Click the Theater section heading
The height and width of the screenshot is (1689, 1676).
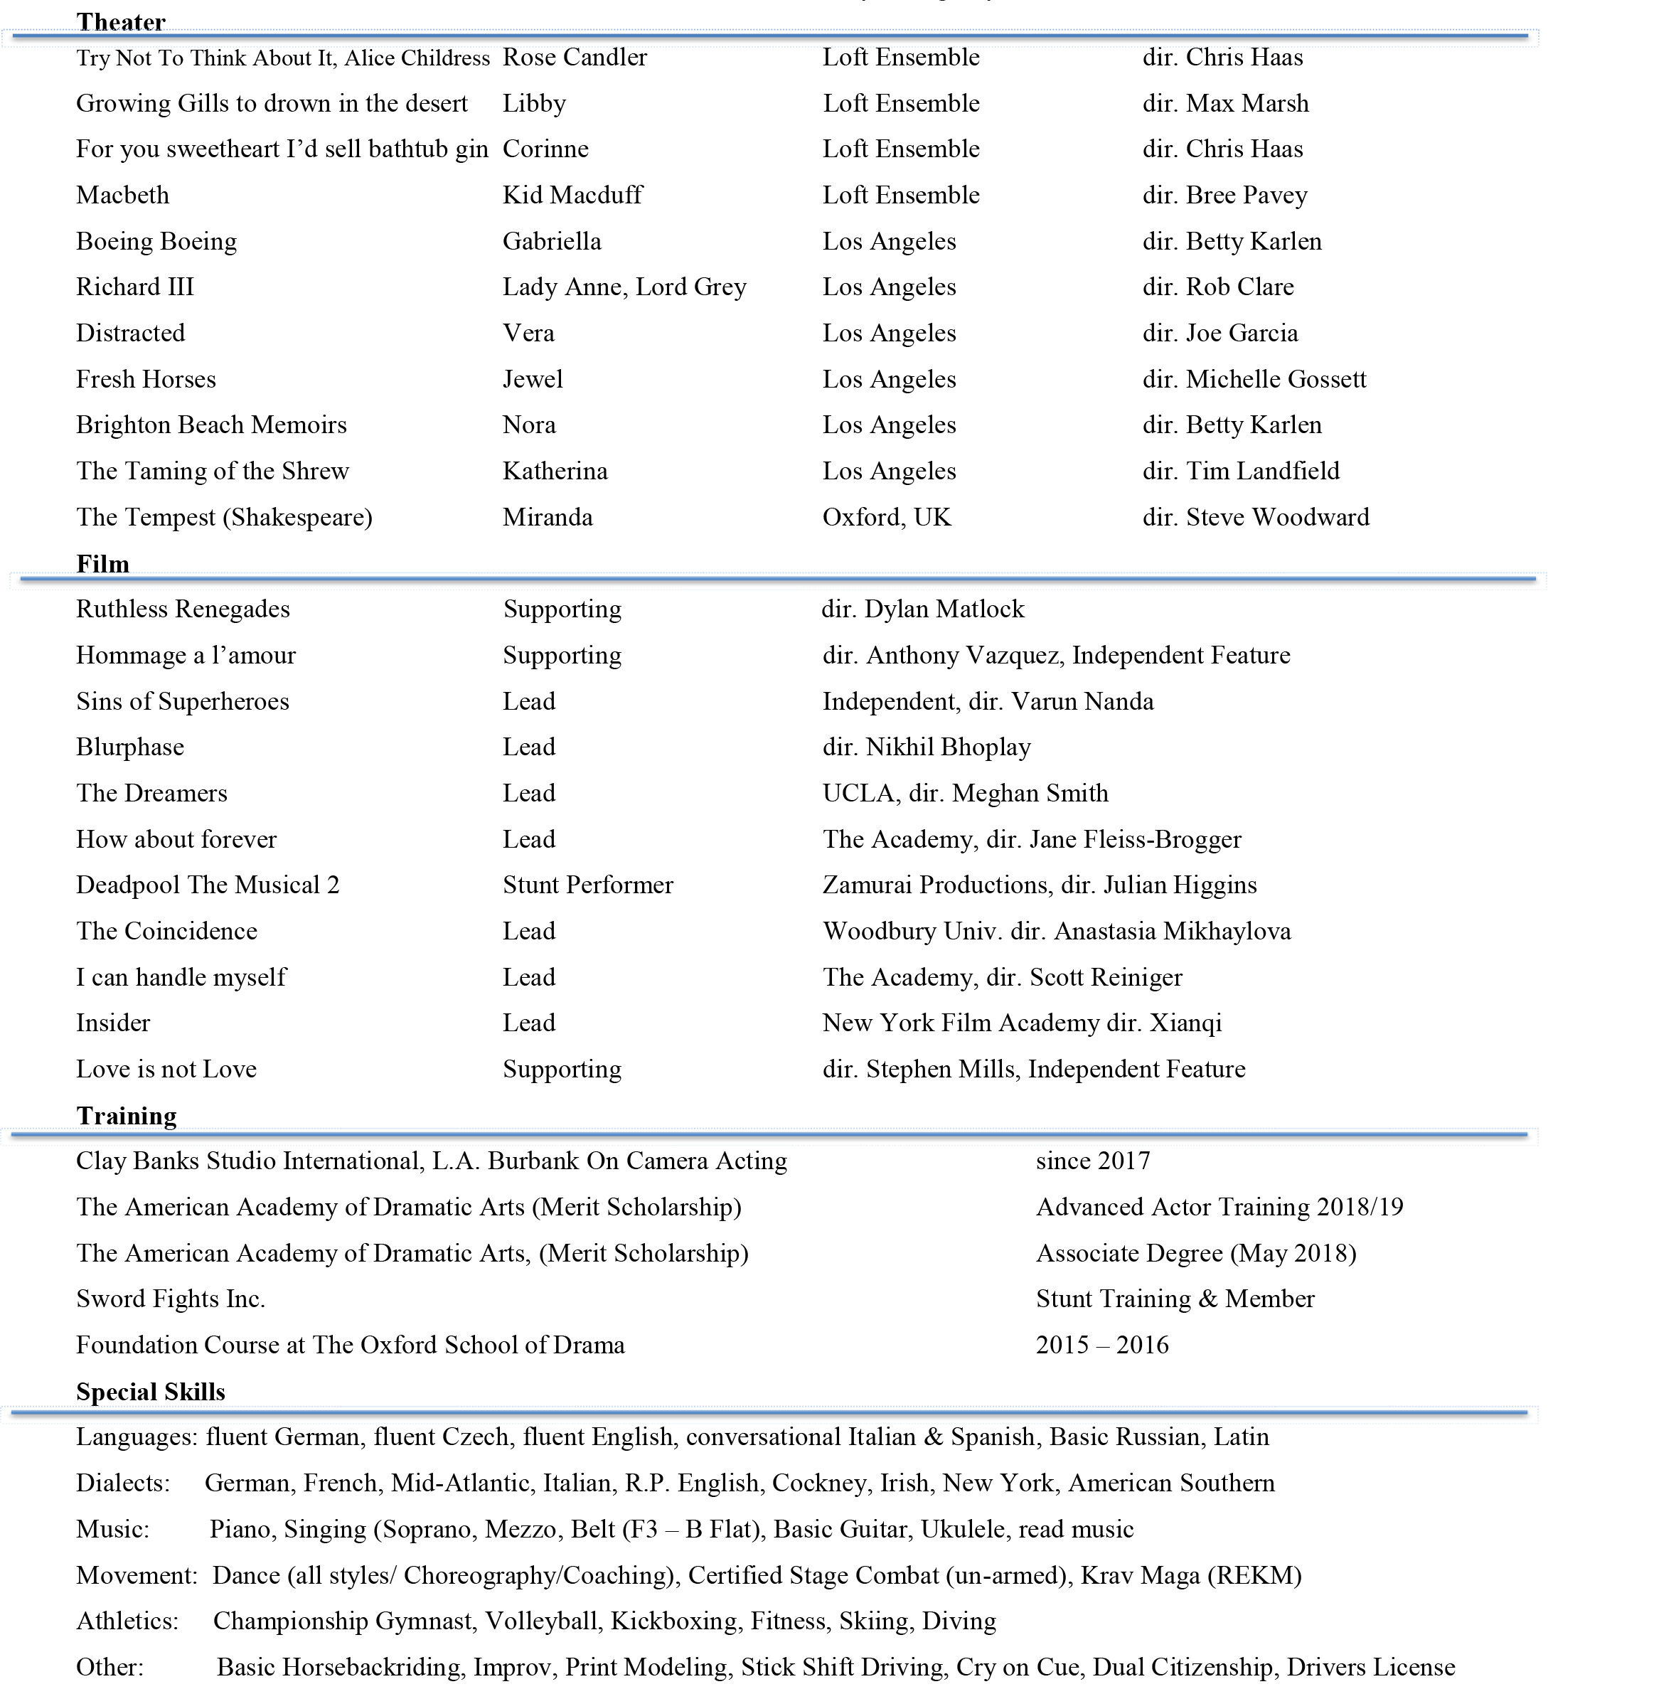coord(121,22)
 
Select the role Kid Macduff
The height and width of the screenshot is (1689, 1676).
coord(572,195)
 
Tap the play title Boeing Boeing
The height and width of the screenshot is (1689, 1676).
coord(156,241)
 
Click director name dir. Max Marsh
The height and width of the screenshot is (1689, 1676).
coord(1225,103)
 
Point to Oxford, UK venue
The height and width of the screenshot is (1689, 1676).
coord(886,518)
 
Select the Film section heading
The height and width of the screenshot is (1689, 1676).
coord(102,564)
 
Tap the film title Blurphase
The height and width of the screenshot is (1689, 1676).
coord(130,747)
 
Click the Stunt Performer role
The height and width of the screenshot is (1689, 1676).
coord(587,885)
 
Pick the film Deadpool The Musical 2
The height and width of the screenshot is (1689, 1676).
coord(207,885)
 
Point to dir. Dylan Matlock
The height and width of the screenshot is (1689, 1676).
coord(922,609)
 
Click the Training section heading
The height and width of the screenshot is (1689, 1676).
coord(126,1116)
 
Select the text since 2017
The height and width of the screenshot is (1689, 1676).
coord(1093,1161)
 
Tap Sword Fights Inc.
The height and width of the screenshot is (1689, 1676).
coord(171,1299)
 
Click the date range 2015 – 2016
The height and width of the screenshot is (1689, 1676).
coord(1101,1345)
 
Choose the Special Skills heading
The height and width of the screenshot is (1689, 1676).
coord(150,1392)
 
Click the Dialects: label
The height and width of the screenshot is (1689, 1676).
coord(122,1483)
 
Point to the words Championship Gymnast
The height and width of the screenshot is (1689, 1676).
coord(342,1621)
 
